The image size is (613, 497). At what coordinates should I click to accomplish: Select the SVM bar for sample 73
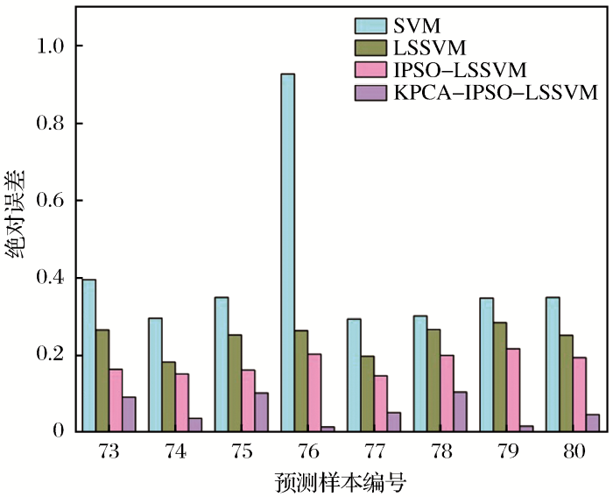tap(88, 355)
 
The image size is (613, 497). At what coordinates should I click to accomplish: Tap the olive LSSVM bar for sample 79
tap(499, 377)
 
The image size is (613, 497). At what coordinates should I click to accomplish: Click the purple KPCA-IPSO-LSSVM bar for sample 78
tap(460, 411)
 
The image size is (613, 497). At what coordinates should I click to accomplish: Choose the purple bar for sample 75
tap(261, 412)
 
